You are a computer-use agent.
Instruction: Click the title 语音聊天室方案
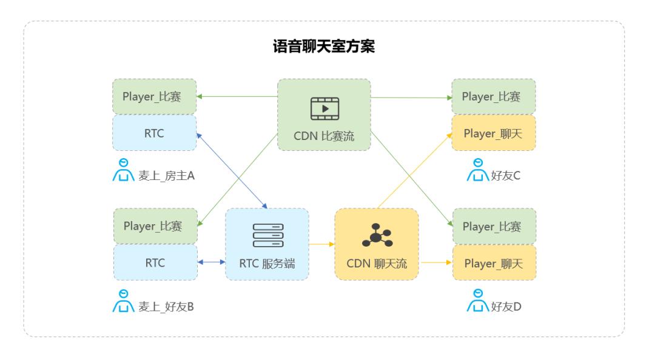coord(324,47)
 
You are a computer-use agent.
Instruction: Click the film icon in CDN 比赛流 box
coord(324,108)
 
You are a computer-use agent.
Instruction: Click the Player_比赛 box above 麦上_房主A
coord(155,96)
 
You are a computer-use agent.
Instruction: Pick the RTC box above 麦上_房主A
coord(155,133)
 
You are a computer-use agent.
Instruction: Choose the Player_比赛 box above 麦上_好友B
coord(155,226)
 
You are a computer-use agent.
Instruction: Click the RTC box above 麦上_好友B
coord(155,262)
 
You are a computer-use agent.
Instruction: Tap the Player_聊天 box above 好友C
coord(494,133)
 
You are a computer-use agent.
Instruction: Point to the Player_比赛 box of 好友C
coord(494,96)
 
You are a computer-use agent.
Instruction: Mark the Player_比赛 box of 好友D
coord(494,226)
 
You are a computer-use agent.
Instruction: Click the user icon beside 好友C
coord(478,171)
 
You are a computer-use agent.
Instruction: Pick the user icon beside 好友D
coord(478,301)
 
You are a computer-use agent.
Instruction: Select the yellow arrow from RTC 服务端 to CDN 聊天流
coord(322,244)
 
